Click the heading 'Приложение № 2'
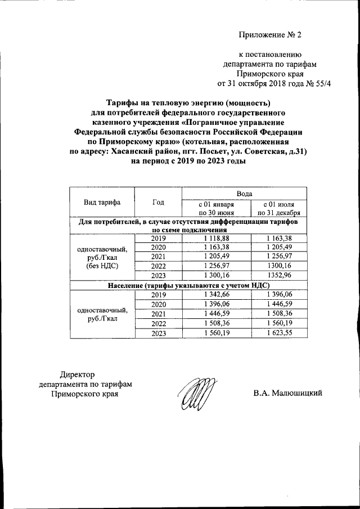(270, 35)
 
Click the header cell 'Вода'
(244, 193)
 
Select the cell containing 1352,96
(280, 276)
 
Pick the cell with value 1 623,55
(280, 332)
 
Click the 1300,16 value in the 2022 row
(280, 267)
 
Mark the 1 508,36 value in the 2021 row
(280, 314)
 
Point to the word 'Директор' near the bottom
(78, 375)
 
